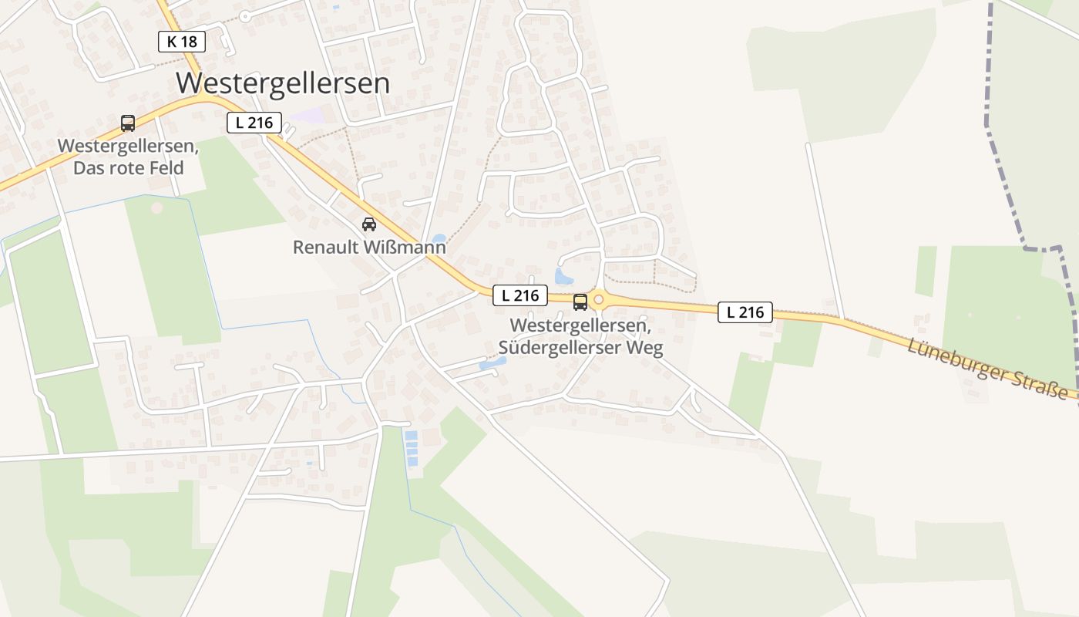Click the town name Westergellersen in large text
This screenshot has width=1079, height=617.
tap(283, 83)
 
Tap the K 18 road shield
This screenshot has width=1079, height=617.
tap(182, 42)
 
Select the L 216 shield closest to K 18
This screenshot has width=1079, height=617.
tap(254, 122)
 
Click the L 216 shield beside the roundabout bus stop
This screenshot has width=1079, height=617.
tap(520, 295)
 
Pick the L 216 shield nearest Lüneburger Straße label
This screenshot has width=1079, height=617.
tap(745, 312)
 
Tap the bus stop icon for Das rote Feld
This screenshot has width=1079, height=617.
tap(128, 123)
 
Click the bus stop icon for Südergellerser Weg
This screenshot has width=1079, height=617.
tap(580, 302)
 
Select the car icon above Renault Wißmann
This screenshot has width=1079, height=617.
tap(369, 224)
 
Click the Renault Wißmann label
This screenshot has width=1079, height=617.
tap(369, 248)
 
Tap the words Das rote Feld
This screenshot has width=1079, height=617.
tap(129, 167)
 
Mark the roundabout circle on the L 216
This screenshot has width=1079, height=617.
tap(598, 299)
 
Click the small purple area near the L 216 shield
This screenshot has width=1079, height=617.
tap(308, 116)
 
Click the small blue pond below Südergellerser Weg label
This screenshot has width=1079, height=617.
tap(492, 362)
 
